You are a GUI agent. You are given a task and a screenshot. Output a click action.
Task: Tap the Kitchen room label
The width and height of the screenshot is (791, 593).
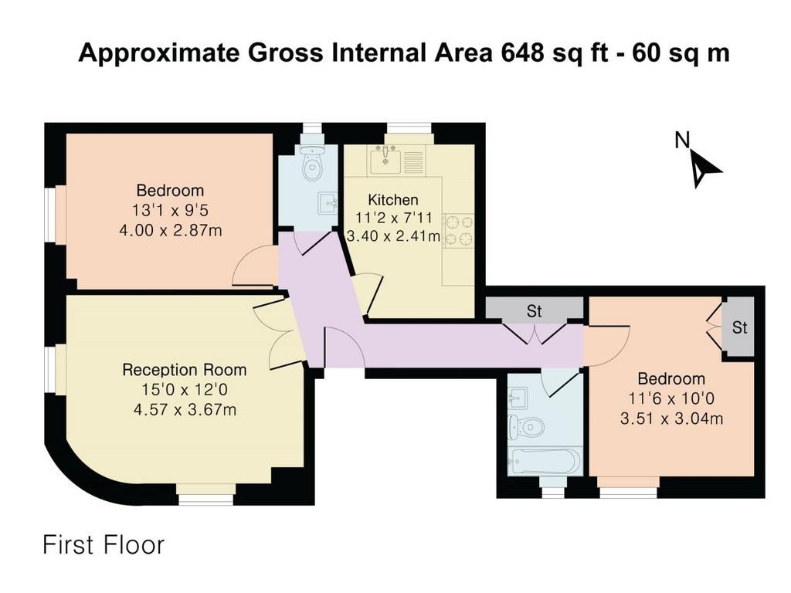coord(393,200)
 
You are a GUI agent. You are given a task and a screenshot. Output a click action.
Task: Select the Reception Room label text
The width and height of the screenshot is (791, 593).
coord(184,370)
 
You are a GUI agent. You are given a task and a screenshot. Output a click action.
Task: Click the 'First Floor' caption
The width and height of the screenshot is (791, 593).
coord(104,545)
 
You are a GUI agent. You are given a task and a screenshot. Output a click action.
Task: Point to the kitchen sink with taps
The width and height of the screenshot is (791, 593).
coord(386,159)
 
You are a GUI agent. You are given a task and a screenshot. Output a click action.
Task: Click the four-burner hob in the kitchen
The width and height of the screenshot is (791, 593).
coord(459,231)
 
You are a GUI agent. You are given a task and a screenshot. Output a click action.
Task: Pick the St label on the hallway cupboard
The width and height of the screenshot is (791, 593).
coord(535,311)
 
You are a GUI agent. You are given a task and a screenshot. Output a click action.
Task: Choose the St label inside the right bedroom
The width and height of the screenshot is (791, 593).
coord(739,327)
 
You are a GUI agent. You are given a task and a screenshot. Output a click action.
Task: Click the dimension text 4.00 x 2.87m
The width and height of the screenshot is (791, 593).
coord(171,230)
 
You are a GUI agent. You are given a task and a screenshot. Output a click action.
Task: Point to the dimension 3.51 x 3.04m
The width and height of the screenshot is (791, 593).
coord(671,418)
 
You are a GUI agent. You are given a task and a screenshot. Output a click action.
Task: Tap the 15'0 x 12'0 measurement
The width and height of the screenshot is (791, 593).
coord(185,389)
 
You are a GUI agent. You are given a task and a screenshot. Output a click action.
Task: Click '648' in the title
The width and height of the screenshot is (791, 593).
coord(521,53)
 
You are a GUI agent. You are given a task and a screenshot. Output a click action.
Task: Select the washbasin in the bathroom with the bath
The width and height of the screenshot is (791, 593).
coord(518,397)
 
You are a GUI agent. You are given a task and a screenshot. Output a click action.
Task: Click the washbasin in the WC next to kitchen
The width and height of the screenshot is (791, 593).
coord(328,203)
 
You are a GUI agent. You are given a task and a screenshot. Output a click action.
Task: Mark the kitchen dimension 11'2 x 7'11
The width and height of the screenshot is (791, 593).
coord(393,218)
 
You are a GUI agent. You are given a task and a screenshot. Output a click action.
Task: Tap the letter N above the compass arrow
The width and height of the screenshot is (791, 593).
coord(682,140)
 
